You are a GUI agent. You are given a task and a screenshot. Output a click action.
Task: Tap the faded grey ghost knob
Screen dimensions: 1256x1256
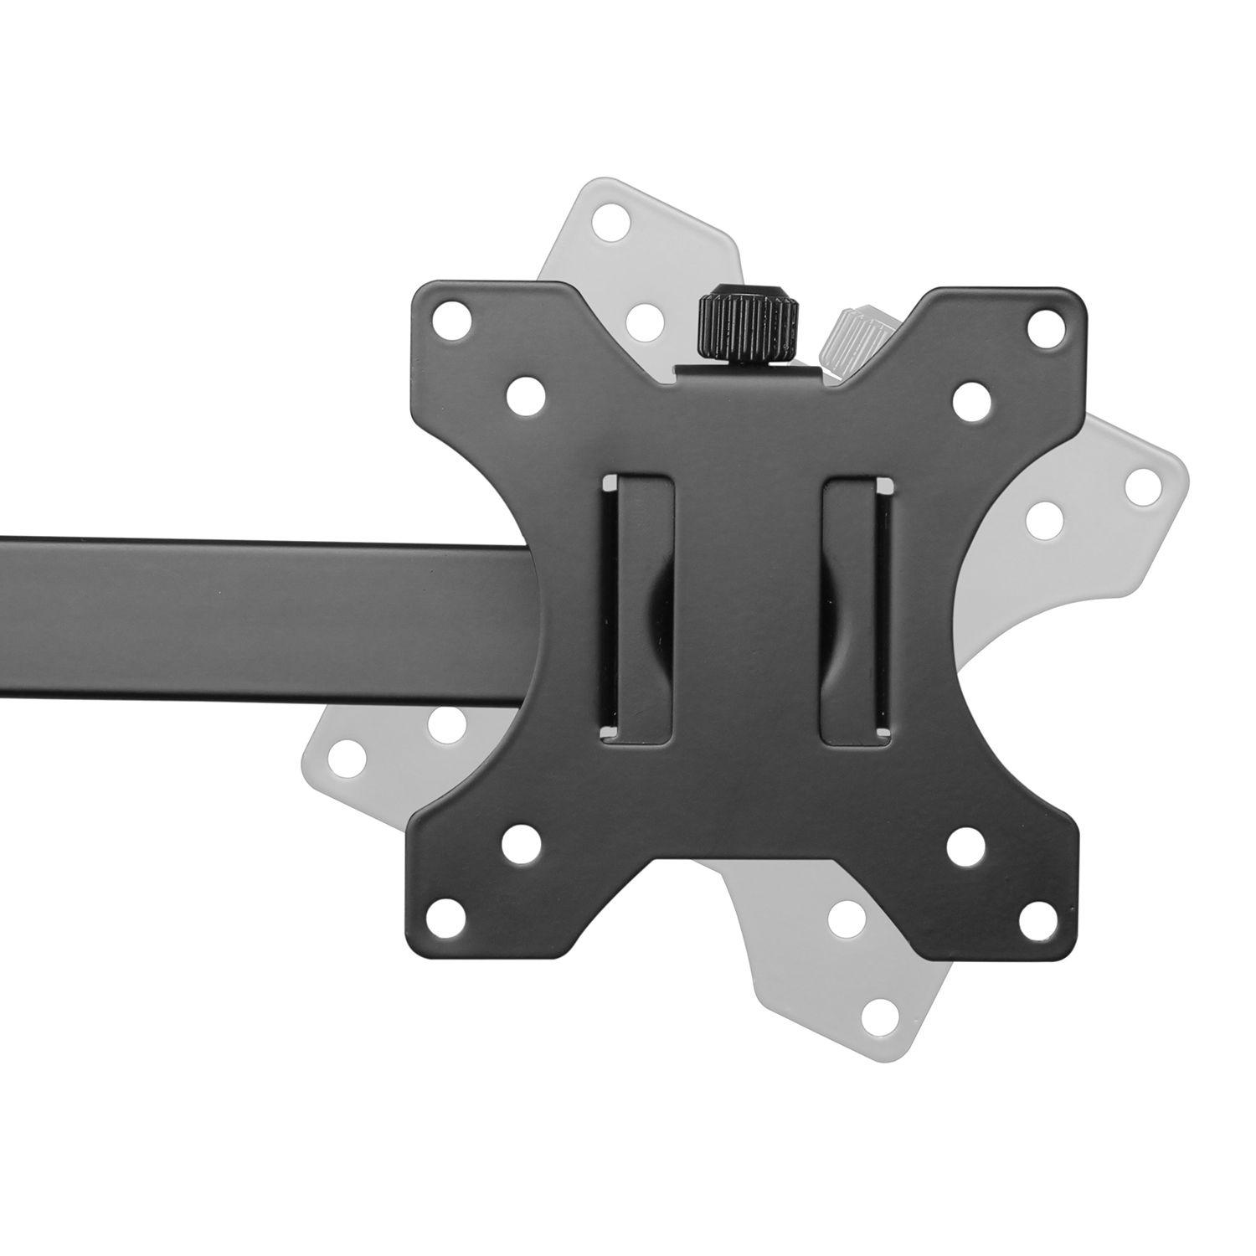(856, 334)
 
